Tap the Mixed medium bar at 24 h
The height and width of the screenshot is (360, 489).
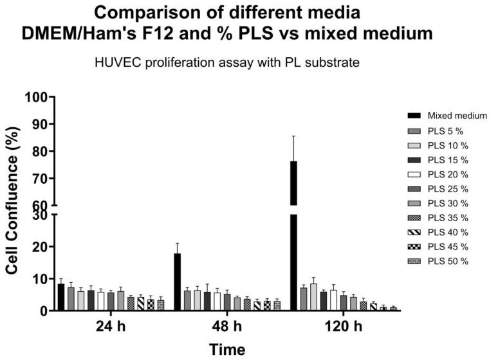(x=61, y=297)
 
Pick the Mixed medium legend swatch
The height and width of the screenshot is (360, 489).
(x=415, y=116)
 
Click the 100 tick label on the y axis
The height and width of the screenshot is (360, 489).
(x=37, y=97)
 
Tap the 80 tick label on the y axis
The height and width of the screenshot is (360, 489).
(x=40, y=151)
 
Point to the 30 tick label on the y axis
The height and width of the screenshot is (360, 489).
(x=40, y=215)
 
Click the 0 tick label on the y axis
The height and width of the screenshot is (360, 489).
(x=44, y=310)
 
